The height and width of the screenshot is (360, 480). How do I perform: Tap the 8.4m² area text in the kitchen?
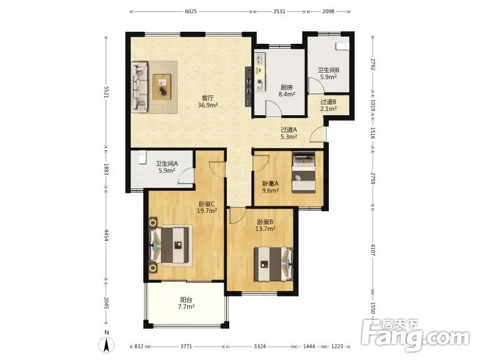coord(286,94)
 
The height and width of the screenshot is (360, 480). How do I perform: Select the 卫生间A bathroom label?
coord(166,163)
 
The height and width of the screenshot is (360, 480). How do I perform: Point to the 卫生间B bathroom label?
coord(328,70)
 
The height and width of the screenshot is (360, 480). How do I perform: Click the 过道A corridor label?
coord(289,130)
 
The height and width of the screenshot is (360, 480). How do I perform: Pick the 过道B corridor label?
coord(328,101)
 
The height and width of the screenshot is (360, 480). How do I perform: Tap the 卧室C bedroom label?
coord(207,203)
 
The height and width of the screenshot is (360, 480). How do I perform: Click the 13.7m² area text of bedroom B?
coord(265,229)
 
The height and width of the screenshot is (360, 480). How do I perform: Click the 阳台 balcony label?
coord(186,299)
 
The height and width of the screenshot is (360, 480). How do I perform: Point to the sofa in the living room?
coord(140,87)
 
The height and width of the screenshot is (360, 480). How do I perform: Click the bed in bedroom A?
coord(304,173)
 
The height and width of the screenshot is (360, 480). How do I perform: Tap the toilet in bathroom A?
coord(142,157)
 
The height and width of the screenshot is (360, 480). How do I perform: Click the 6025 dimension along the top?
coord(191,11)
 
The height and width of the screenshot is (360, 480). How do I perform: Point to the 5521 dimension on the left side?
coord(107,92)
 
